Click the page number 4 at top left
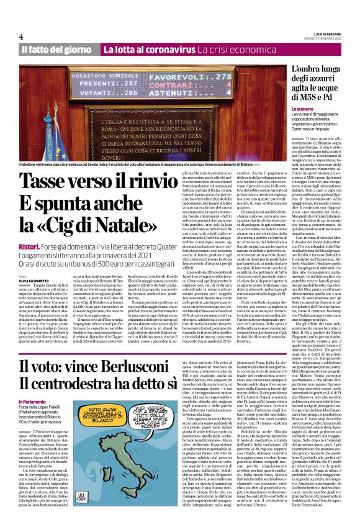21,37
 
